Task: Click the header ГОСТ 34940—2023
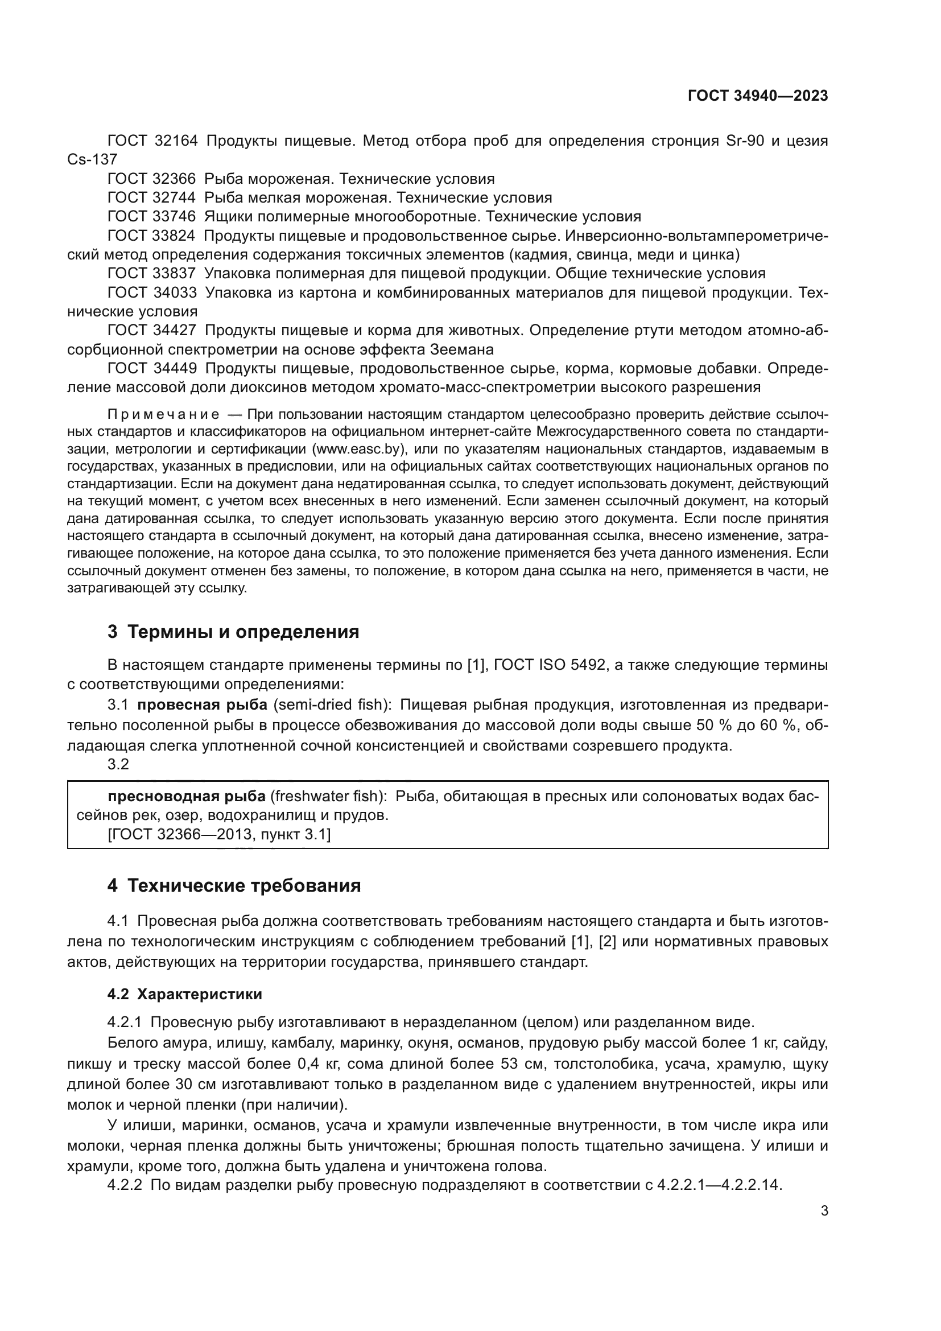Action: [x=757, y=96]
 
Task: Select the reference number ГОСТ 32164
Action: [x=152, y=141]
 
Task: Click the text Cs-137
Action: [x=92, y=159]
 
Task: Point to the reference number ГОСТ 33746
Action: [x=152, y=217]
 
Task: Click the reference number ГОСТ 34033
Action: [x=152, y=292]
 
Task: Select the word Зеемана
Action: [x=461, y=349]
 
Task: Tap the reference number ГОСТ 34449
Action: [x=152, y=369]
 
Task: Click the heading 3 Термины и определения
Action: [x=233, y=632]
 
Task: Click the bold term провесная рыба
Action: [x=202, y=705]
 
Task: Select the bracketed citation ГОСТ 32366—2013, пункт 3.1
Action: [x=219, y=834]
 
